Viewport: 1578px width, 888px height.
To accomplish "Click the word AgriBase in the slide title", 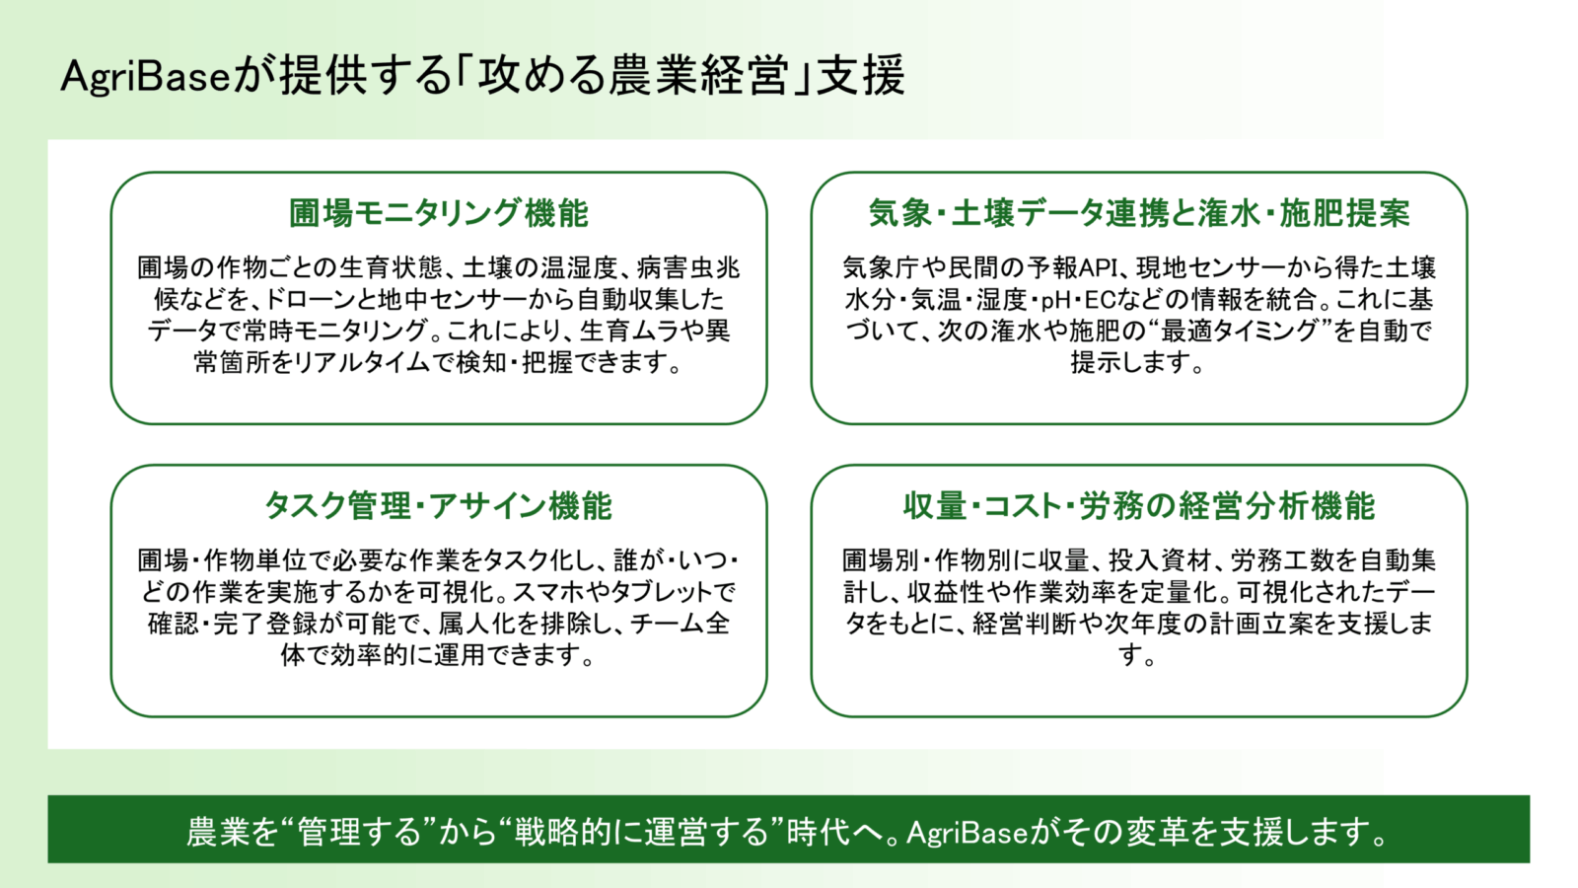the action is [x=146, y=76].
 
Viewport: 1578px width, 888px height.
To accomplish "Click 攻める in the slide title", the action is [x=542, y=75].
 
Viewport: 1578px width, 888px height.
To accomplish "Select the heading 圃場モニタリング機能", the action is [x=439, y=213].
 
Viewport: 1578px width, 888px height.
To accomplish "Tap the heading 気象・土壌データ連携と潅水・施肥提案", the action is [x=1139, y=213].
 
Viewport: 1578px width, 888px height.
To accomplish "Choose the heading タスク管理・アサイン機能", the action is [x=438, y=505].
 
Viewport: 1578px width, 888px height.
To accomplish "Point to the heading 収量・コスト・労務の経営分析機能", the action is [x=1139, y=505].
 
